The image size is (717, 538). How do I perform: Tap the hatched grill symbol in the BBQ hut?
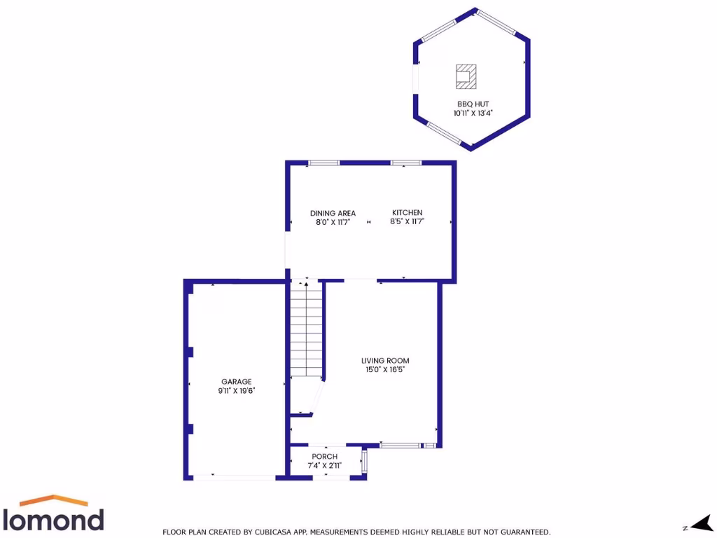466,76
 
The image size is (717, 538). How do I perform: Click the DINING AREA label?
333,213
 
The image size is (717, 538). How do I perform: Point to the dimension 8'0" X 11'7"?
333,222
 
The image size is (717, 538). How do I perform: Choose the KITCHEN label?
407,213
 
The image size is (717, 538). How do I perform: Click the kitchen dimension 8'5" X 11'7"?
407,222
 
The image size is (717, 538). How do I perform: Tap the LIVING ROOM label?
385,361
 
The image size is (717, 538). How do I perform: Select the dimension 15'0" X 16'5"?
385,370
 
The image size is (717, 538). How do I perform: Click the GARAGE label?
236,382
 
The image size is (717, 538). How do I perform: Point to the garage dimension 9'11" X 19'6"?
236,391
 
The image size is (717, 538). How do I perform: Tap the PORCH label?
324,457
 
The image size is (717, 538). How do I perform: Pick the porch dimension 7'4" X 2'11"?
324,465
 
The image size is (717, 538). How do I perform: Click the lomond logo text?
54,519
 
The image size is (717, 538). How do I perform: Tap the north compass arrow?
699,523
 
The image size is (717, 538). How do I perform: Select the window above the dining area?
323,163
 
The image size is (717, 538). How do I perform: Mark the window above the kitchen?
406,163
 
